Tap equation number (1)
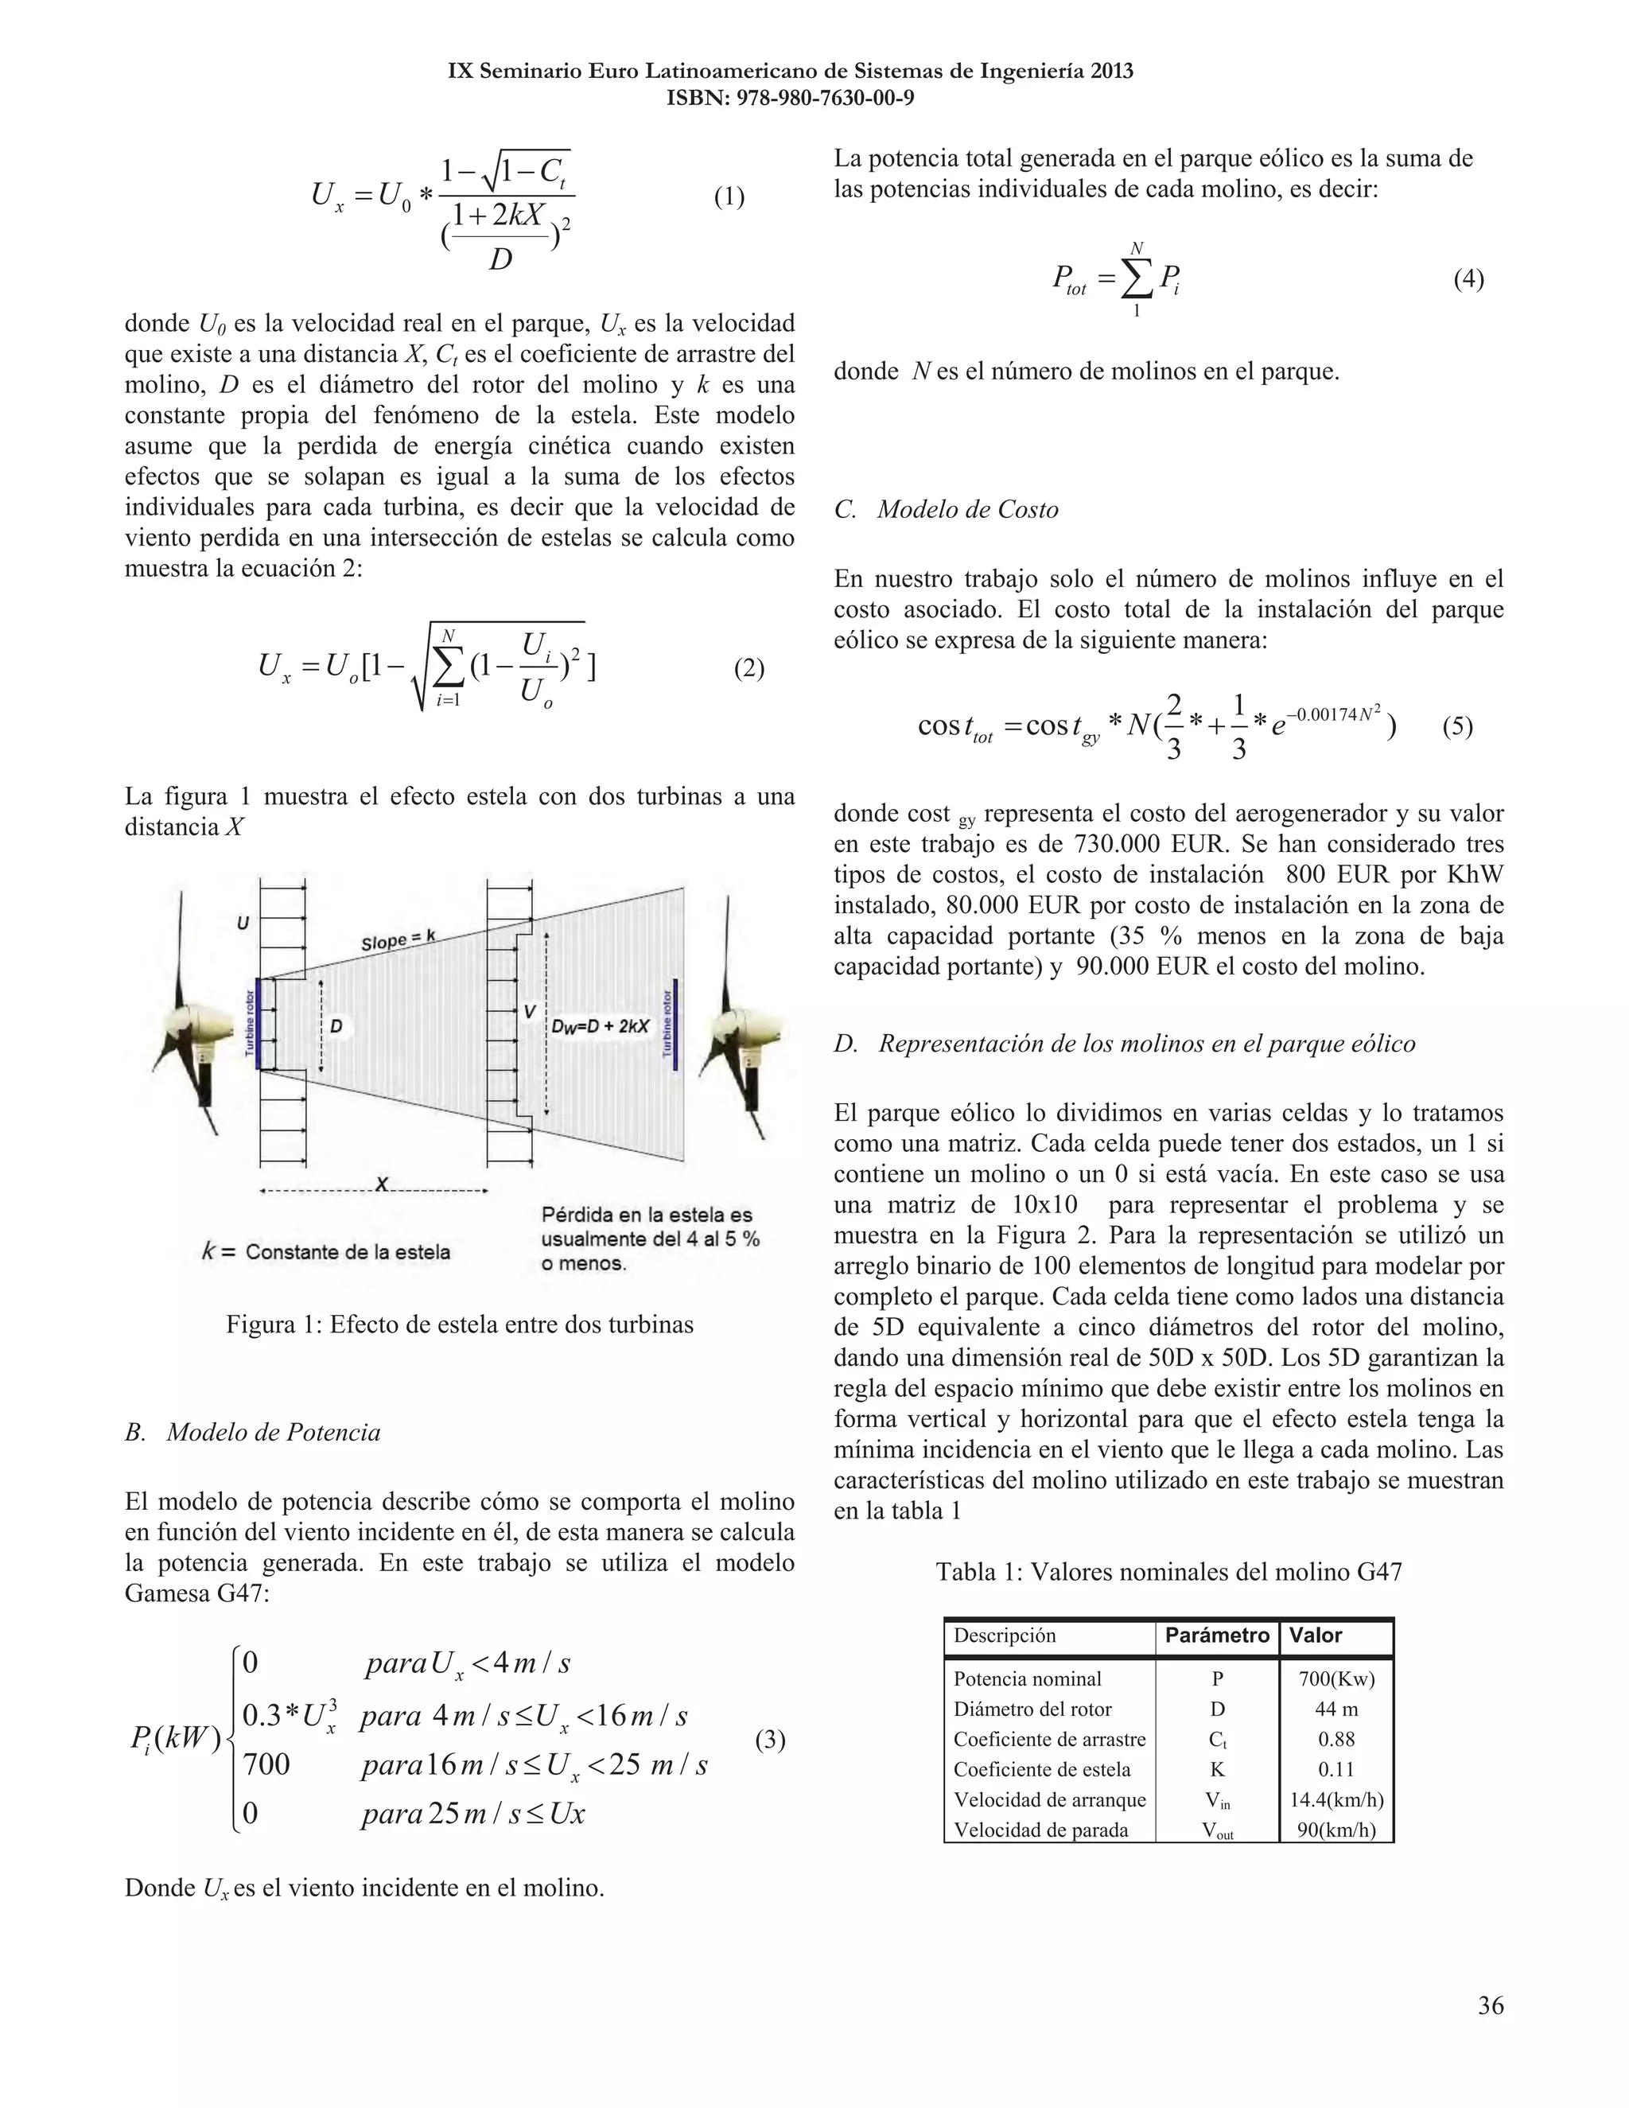pyautogui.click(x=729, y=197)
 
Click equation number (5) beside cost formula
pyautogui.click(x=1457, y=725)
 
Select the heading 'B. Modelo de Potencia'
pyautogui.click(x=253, y=1431)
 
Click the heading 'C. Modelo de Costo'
pyautogui.click(x=946, y=510)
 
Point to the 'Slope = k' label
pyautogui.click(x=399, y=940)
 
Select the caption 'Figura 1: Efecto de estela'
pyautogui.click(x=460, y=1324)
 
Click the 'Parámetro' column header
pyautogui.click(x=1217, y=1635)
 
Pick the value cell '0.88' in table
pyautogui.click(x=1335, y=1739)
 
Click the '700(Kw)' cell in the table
pyautogui.click(x=1335, y=1678)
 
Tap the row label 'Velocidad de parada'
pyautogui.click(x=1040, y=1830)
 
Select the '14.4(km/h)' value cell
pyautogui.click(x=1335, y=1799)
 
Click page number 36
pyautogui.click(x=1490, y=2005)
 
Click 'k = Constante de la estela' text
pyautogui.click(x=326, y=1252)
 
